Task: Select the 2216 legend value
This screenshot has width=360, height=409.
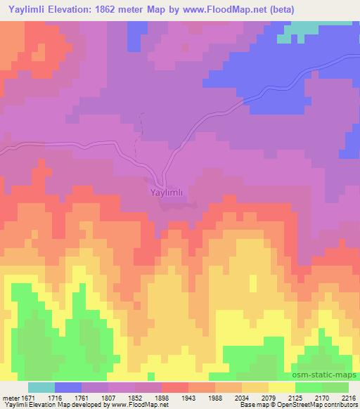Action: click(x=349, y=398)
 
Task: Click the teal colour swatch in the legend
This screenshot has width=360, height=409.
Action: click(x=41, y=387)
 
